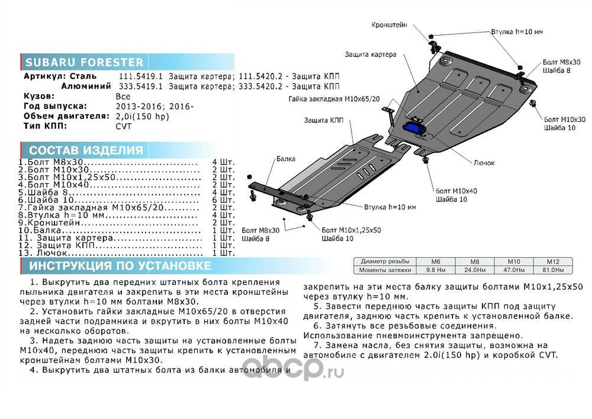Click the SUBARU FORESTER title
(83, 62)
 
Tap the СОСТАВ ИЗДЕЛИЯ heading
(86, 150)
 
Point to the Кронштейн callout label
(389, 25)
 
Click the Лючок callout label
(484, 162)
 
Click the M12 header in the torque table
(553, 261)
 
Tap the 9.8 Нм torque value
(436, 270)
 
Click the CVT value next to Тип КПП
(124, 126)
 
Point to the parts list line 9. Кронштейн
(59, 222)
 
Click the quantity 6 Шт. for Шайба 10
(223, 200)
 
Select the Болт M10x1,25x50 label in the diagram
(351, 229)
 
